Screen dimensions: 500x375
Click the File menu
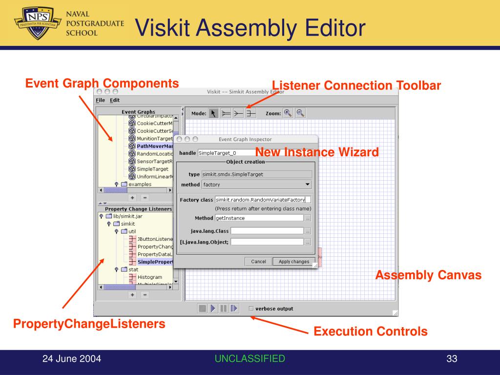tap(100, 100)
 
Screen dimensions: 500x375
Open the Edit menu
tap(115, 100)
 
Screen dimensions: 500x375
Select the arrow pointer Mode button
tap(213, 113)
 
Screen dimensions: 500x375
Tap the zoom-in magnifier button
tap(288, 113)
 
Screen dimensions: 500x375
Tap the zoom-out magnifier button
tap(300, 113)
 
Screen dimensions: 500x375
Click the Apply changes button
tap(294, 262)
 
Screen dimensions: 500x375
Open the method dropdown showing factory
tap(257, 185)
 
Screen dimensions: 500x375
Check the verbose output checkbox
tap(251, 309)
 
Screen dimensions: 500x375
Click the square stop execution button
tap(202, 308)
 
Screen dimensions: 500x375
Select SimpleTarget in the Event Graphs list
tap(152, 169)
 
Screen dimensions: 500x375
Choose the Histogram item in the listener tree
tap(149, 277)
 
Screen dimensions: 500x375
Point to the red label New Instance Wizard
tap(317, 152)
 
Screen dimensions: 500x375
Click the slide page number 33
tap(451, 359)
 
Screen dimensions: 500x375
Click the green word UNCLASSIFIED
tap(250, 359)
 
